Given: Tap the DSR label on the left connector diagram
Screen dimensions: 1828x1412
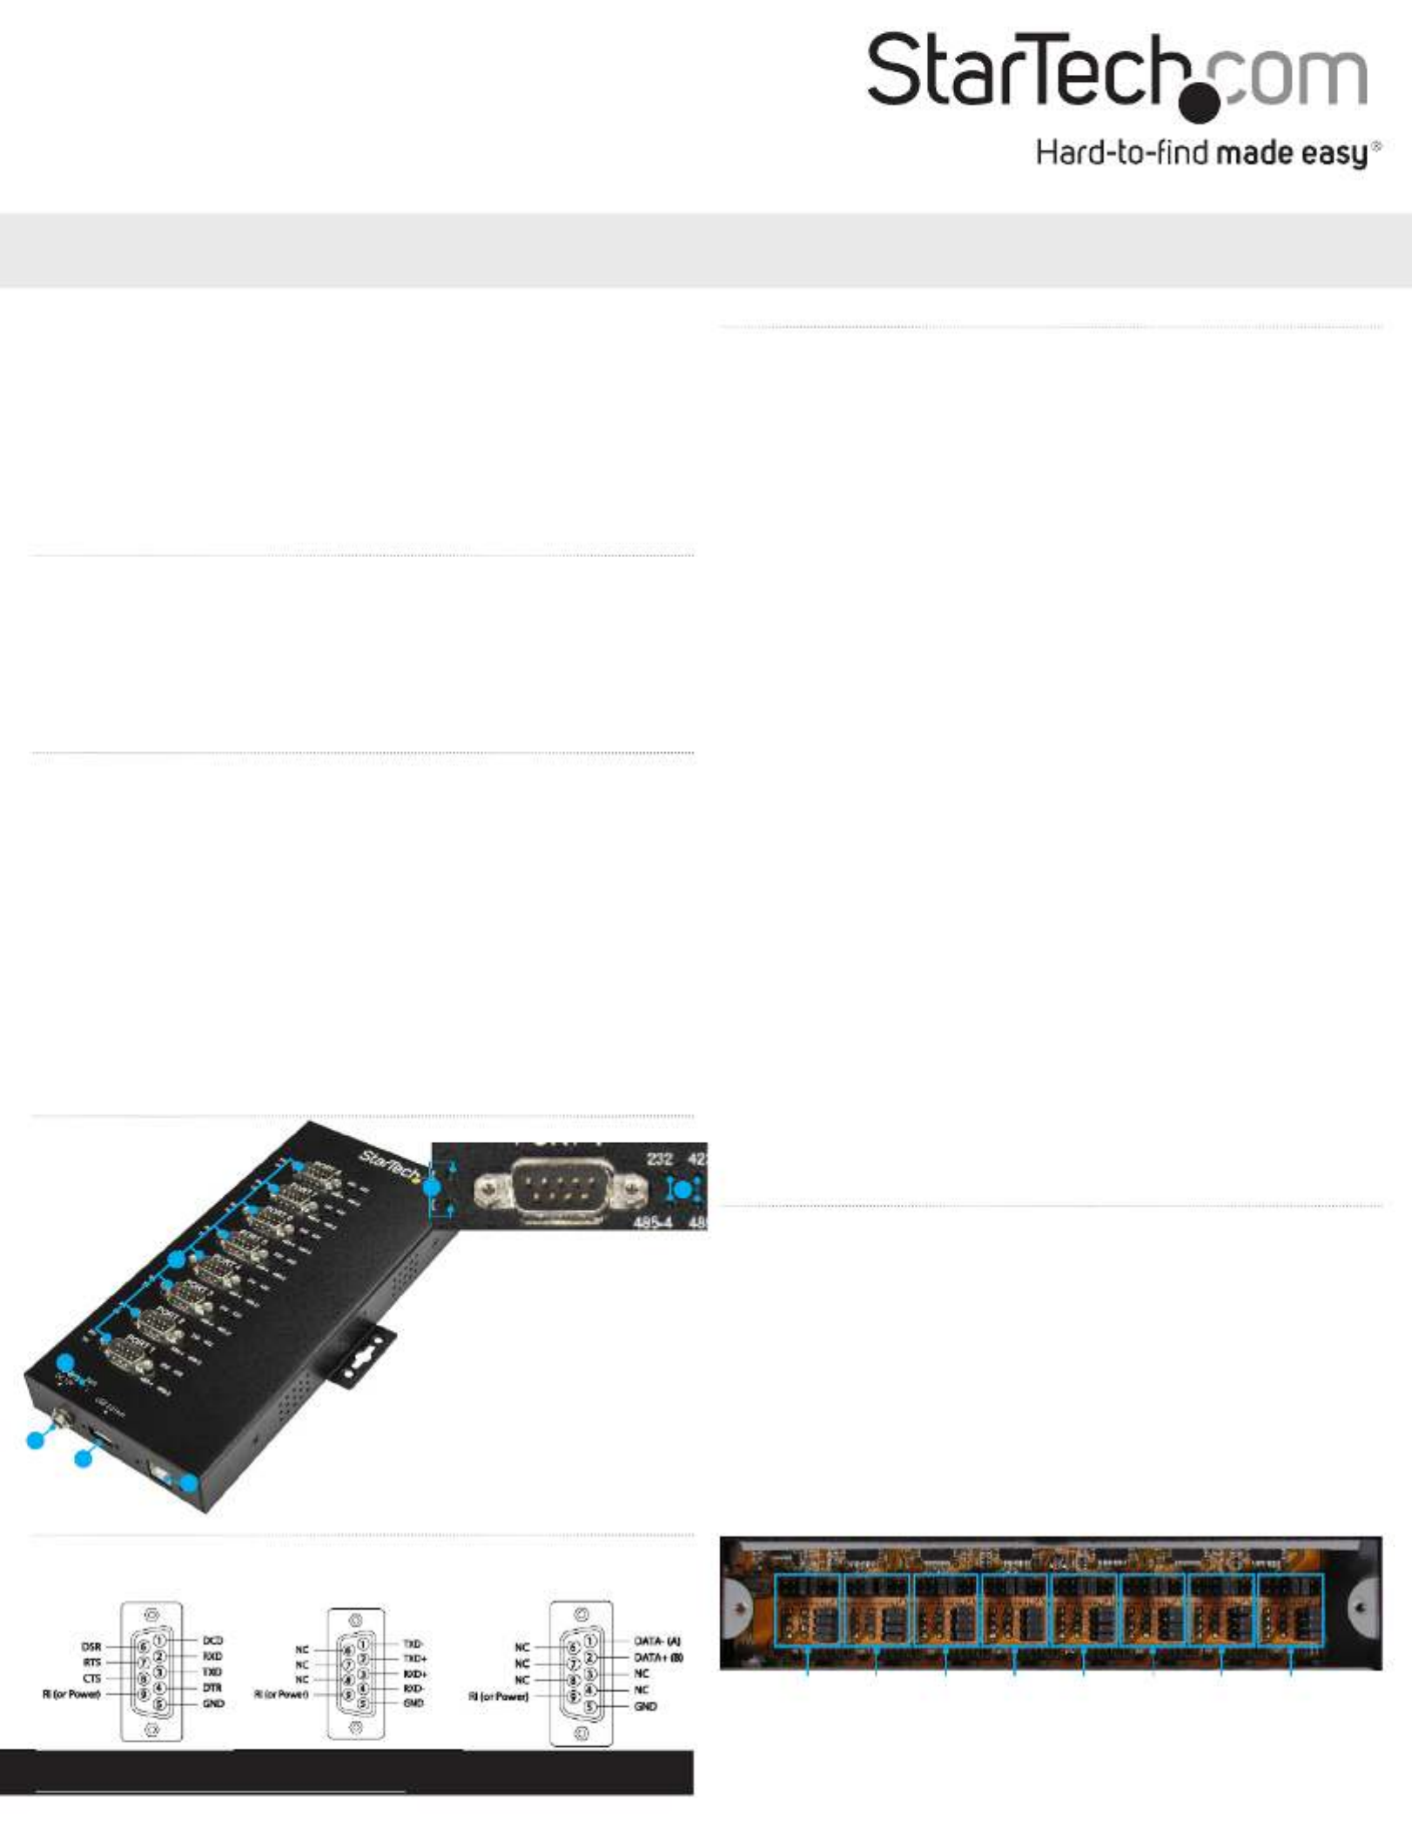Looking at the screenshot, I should tap(91, 1646).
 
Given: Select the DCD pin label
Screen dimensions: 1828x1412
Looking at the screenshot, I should tap(212, 1640).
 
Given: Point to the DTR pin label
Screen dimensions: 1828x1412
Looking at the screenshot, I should tap(212, 1687).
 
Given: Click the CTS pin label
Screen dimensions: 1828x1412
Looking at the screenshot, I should tap(91, 1677).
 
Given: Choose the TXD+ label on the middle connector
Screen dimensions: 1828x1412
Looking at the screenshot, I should tap(414, 1658).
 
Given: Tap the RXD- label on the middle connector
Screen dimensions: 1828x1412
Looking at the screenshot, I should tap(414, 1688).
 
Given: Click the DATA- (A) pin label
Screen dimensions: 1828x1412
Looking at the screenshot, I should tap(656, 1641).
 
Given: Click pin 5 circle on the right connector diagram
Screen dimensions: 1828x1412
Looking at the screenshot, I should tap(589, 1706).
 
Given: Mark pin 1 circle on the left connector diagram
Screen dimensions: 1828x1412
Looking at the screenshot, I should tap(159, 1640).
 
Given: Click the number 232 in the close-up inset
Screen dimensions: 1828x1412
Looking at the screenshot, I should tap(659, 1159).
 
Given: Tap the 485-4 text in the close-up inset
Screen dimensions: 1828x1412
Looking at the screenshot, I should tap(652, 1222).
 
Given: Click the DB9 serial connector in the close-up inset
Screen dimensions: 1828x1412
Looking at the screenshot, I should tap(560, 1187).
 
